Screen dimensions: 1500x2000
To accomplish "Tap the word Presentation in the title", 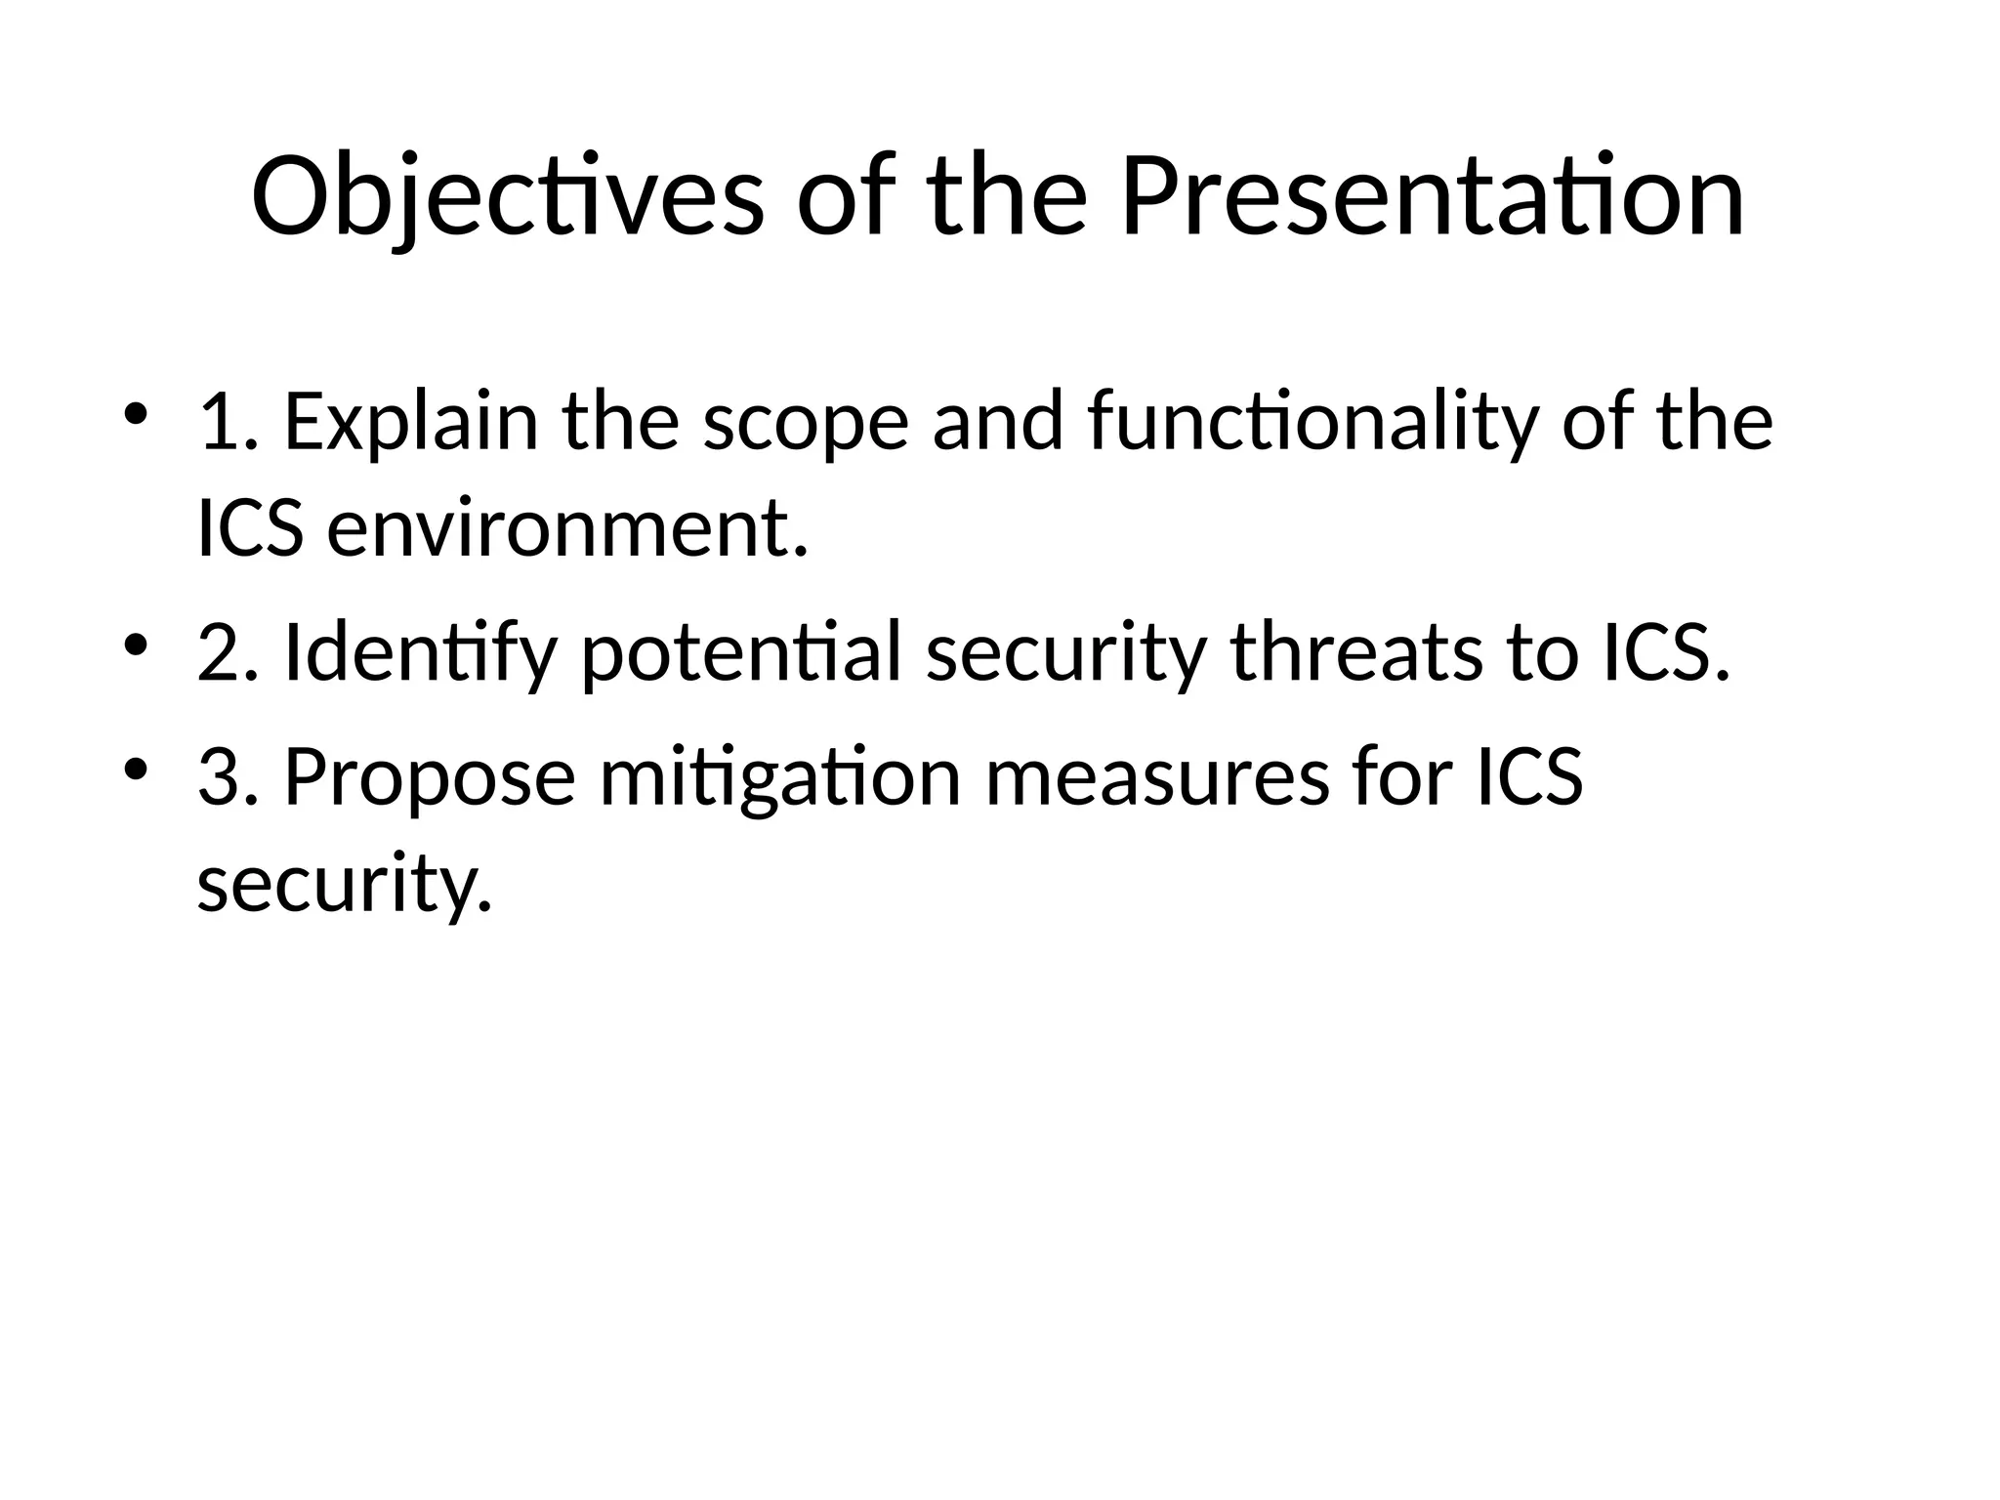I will pyautogui.click(x=1432, y=198).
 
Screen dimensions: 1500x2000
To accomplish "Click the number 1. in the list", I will pyautogui.click(x=229, y=422).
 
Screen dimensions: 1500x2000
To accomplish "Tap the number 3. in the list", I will pyautogui.click(x=229, y=777).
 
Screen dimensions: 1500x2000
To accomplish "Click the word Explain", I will pyautogui.click(x=411, y=422).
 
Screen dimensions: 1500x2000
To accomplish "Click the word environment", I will pyautogui.click(x=567, y=529).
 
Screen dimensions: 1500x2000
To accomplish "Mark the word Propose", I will pyautogui.click(x=430, y=777).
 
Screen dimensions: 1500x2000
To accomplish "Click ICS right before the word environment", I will pyautogui.click(x=250, y=529).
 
